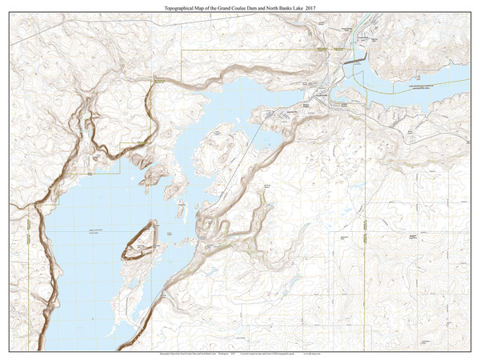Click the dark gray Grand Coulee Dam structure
pos(354,58)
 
